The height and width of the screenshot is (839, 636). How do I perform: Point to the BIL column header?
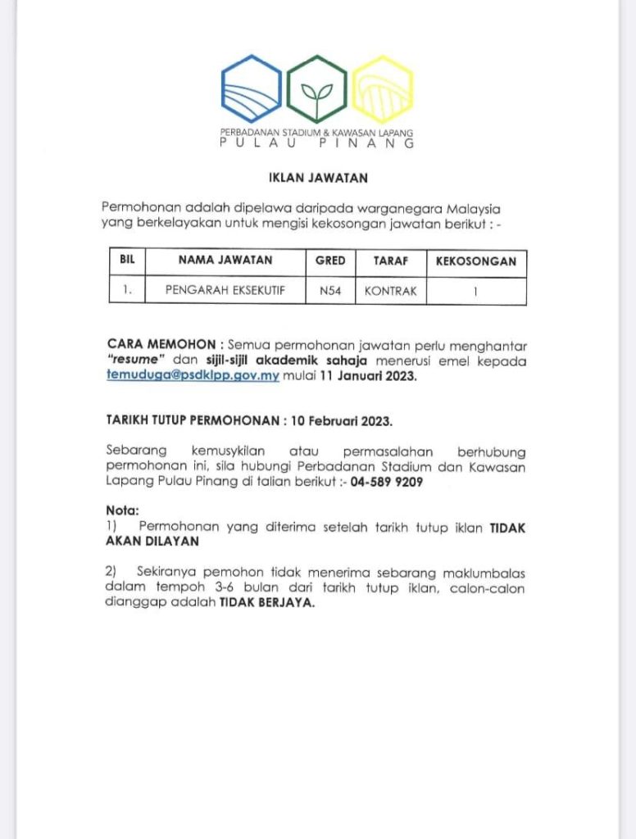127,262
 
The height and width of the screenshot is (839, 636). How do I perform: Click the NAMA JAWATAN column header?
225,262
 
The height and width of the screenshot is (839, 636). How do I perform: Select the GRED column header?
330,262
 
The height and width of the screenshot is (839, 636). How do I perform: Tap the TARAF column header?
390,262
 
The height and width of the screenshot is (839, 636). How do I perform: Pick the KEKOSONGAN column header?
476,262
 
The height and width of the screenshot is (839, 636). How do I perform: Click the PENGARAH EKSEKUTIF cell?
225,290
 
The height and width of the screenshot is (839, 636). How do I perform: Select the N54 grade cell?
330,290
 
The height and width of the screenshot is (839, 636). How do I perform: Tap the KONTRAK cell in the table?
390,290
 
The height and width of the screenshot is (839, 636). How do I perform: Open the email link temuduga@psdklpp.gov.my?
193,377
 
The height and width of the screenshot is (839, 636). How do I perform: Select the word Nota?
123,510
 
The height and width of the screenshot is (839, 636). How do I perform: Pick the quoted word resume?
137,361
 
